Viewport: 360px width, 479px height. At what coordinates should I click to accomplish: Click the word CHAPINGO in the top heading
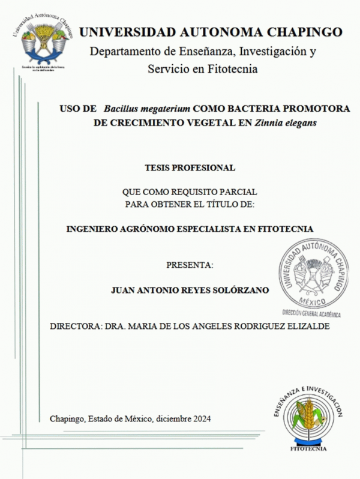pyautogui.click(x=305, y=32)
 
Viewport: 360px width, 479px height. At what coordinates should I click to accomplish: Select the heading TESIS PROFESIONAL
pyautogui.click(x=190, y=167)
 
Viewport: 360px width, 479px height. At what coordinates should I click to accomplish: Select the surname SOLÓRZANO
pyautogui.click(x=237, y=289)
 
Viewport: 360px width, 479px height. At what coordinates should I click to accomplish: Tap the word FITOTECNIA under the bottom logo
pyautogui.click(x=308, y=448)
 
